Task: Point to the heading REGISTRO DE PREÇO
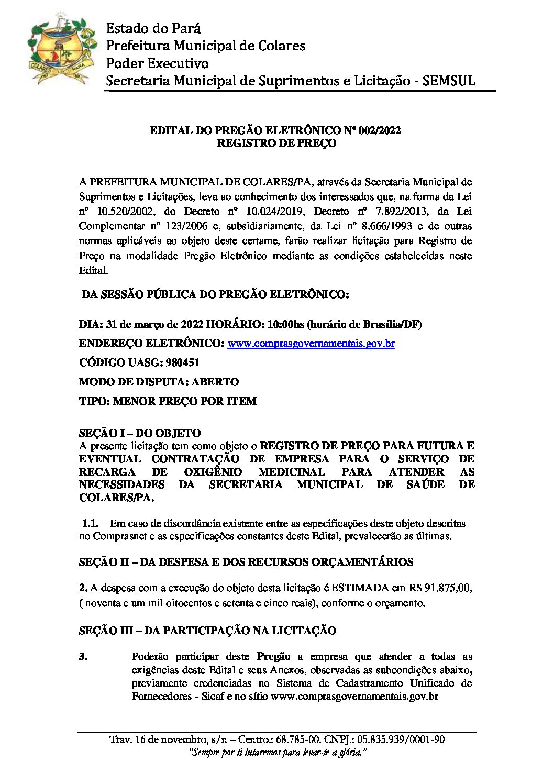276,143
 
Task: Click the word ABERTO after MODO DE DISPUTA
215,382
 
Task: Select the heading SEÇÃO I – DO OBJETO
140,433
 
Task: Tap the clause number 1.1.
91,523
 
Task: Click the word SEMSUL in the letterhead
449,81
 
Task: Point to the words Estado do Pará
153,28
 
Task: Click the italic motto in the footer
276,752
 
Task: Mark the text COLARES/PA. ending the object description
117,498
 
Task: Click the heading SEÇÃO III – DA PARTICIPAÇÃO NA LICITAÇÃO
207,631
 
